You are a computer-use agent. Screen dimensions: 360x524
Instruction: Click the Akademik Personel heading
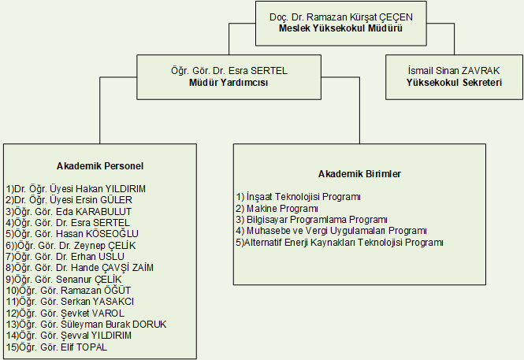coord(99,165)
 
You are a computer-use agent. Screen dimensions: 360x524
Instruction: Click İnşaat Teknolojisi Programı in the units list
coord(299,196)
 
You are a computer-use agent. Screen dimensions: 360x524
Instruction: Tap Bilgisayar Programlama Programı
coord(312,219)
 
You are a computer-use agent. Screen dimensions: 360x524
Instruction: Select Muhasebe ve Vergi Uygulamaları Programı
coord(331,231)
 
